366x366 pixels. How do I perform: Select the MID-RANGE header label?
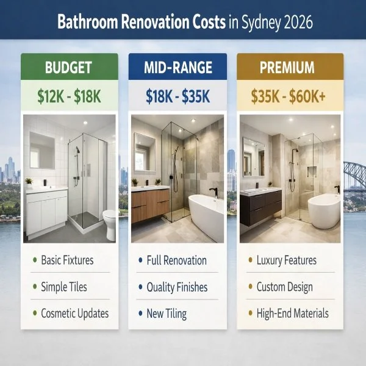point(178,67)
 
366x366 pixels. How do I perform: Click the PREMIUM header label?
point(287,67)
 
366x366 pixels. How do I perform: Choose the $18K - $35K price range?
point(178,96)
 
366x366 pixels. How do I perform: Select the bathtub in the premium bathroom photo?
point(324,210)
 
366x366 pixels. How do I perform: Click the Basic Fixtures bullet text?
point(67,260)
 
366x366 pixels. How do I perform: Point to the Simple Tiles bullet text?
point(64,287)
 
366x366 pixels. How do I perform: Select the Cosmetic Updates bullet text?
point(75,314)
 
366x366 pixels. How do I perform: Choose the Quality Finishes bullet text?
point(177,287)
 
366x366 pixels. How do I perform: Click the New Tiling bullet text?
point(167,314)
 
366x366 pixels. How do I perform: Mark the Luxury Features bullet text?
point(286,260)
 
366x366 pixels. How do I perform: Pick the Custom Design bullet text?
point(284,287)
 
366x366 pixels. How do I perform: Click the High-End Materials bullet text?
point(292,314)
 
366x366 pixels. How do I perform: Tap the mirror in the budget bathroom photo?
point(43,149)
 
